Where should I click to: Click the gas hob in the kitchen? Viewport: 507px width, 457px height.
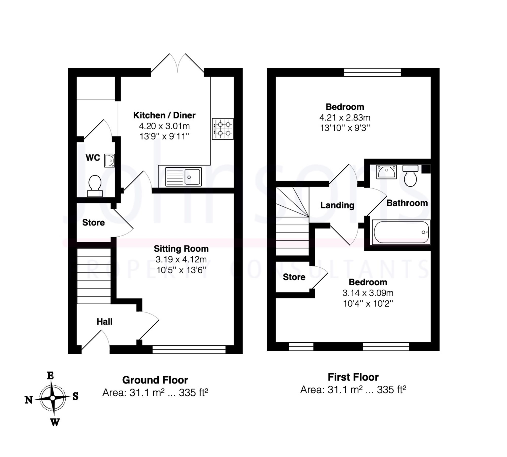pyautogui.click(x=223, y=129)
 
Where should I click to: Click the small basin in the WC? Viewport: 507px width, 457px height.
pyautogui.click(x=109, y=161)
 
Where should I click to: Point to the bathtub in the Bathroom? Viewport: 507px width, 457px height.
pyautogui.click(x=401, y=232)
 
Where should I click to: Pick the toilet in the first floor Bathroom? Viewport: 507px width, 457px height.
pyautogui.click(x=410, y=175)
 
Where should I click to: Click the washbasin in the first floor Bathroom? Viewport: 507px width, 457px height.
pyautogui.click(x=386, y=172)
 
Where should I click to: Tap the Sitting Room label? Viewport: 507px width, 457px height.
pyautogui.click(x=181, y=249)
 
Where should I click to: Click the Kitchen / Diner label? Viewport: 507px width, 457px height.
pyautogui.click(x=164, y=115)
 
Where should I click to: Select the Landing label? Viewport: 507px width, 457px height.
pyautogui.click(x=337, y=205)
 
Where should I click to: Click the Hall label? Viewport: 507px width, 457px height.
pyautogui.click(x=104, y=322)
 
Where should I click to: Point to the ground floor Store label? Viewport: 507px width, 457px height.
pyautogui.click(x=93, y=223)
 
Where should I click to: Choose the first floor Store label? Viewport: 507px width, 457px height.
pyautogui.click(x=294, y=277)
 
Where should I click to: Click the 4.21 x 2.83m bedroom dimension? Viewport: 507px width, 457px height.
pyautogui.click(x=345, y=118)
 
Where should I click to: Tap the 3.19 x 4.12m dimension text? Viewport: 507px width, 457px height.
pyautogui.click(x=181, y=259)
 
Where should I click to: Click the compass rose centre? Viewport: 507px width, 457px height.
pyautogui.click(x=53, y=398)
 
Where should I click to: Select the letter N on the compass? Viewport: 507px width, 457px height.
pyautogui.click(x=29, y=400)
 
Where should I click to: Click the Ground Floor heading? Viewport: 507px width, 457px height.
pyautogui.click(x=155, y=380)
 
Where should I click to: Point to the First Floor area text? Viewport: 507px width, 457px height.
pyautogui.click(x=353, y=390)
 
